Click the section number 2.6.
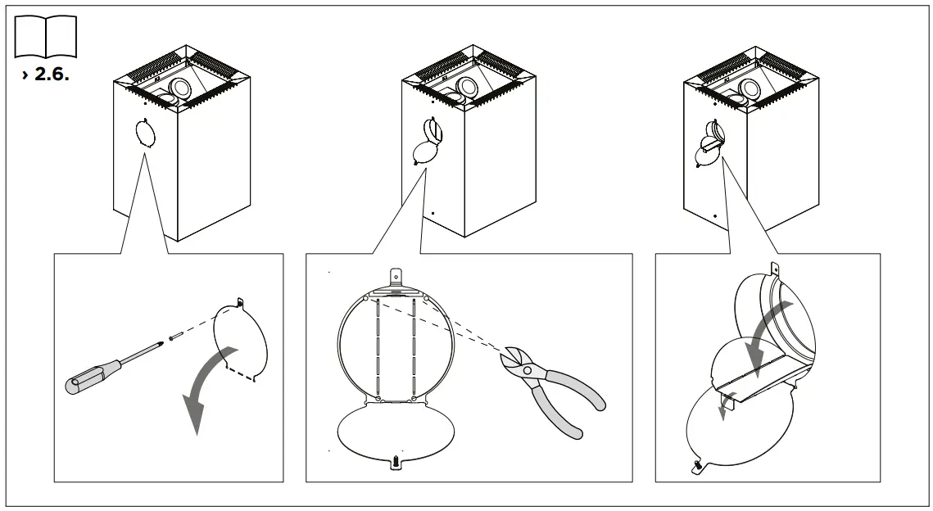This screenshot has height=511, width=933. (48, 75)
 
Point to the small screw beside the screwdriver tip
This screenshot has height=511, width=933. (174, 335)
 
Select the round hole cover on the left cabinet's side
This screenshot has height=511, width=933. (145, 133)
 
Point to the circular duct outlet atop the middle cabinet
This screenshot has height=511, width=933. (469, 88)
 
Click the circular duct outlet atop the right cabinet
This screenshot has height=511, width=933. (748, 88)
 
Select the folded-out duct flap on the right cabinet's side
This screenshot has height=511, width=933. (709, 147)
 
